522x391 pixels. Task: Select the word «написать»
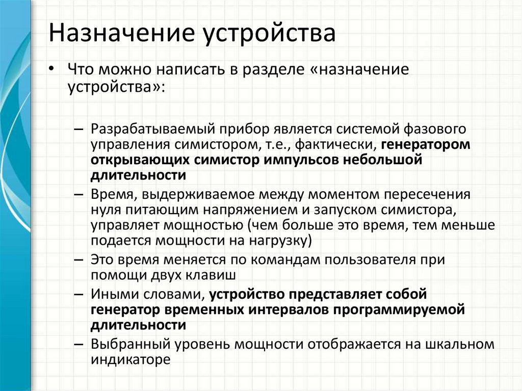click(x=196, y=70)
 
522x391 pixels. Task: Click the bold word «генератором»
click(x=426, y=145)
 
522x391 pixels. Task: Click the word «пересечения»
click(x=427, y=195)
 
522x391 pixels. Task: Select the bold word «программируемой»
click(x=399, y=310)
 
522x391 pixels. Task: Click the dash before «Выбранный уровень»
click(x=79, y=345)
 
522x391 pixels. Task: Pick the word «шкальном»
click(x=460, y=345)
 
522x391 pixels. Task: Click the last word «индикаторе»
click(x=130, y=360)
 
